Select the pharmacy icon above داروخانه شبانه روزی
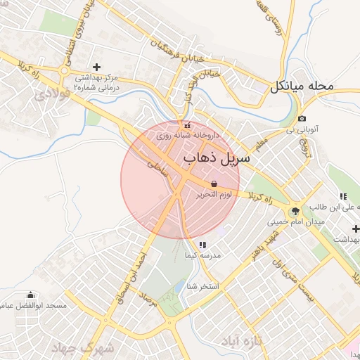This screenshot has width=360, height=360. pos(187,125)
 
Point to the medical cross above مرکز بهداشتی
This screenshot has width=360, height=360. pos(107,66)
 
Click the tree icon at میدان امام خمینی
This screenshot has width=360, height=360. pos(295,210)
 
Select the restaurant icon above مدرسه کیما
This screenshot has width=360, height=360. pos(202,245)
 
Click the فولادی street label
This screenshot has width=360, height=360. pos(47,92)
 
